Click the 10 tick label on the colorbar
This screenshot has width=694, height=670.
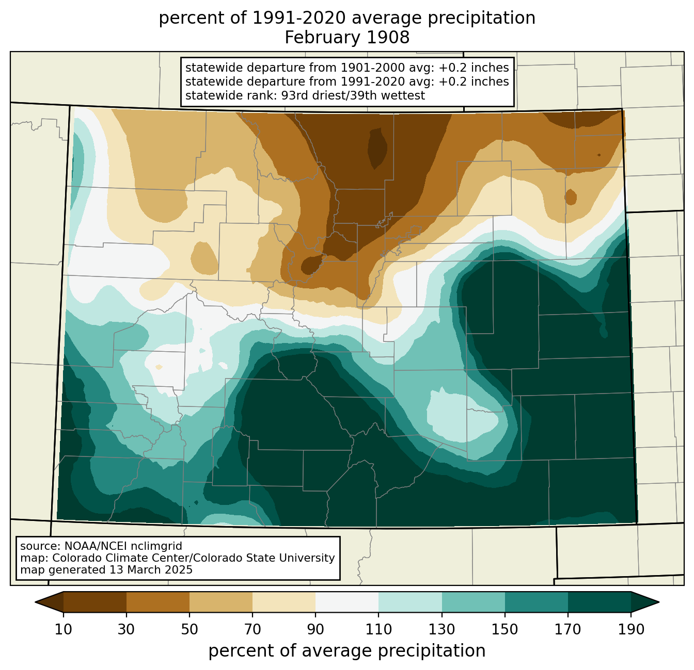tap(63, 630)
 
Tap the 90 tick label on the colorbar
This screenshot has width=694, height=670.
tap(316, 630)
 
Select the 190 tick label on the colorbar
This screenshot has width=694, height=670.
tap(630, 630)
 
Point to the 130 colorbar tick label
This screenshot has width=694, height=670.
tap(442, 630)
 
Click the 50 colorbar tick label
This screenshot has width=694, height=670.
tap(190, 630)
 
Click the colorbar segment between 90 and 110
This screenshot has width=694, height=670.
tap(347, 602)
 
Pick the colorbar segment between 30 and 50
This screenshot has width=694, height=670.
tap(158, 602)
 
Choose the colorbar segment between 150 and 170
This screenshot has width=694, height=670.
tap(537, 602)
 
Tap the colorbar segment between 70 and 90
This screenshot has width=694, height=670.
tap(284, 602)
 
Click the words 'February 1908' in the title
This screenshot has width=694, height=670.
tap(347, 38)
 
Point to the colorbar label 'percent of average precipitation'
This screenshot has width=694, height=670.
tap(347, 651)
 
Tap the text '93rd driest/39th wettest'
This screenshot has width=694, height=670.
tap(353, 95)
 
